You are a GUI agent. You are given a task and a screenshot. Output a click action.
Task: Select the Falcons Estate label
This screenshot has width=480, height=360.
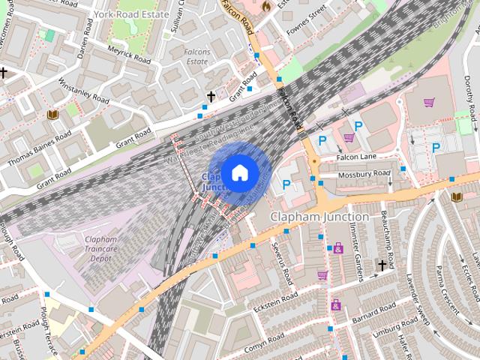pyautogui.click(x=196, y=56)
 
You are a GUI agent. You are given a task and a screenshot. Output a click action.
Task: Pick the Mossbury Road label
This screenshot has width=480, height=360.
pyautogui.click(x=365, y=174)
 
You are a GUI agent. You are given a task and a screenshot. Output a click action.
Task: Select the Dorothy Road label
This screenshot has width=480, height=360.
pyautogui.click(x=470, y=105)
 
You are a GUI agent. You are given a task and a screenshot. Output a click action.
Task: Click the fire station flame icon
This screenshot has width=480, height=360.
pyautogui.click(x=265, y=5)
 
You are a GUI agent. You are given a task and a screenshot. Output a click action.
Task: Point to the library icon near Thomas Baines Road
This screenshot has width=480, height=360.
pyautogui.click(x=53, y=115)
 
